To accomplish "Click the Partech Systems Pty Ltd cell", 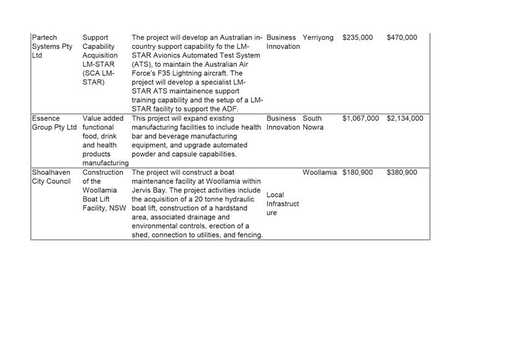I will (x=52, y=46).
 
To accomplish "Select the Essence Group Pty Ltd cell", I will (x=54, y=123).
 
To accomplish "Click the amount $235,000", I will (x=358, y=38).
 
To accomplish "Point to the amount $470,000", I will (x=402, y=38).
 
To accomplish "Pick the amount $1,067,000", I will (x=360, y=118).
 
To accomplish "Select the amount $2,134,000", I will (x=405, y=118).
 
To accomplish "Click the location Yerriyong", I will (x=318, y=38).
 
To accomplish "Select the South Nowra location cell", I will (x=313, y=123).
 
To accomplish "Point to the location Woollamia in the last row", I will (x=320, y=172).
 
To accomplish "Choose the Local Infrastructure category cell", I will (x=283, y=204).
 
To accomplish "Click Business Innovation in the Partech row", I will (x=283, y=42).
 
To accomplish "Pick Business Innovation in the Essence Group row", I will (x=283, y=123).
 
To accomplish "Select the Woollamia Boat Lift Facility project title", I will (x=104, y=190).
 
